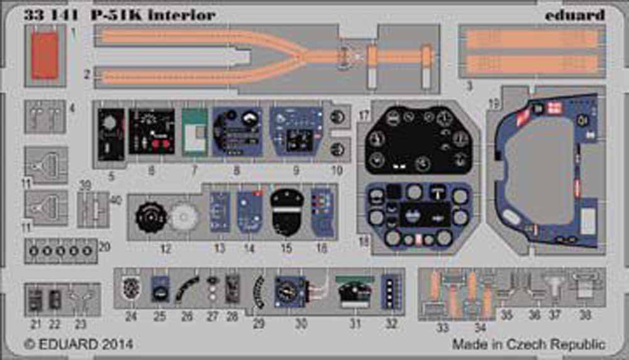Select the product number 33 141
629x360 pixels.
click(47, 14)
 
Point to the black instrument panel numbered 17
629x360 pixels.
click(420, 140)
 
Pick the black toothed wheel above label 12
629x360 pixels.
click(150, 217)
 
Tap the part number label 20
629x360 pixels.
click(105, 247)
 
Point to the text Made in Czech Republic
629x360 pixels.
click(528, 344)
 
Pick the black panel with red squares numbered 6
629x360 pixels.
click(151, 130)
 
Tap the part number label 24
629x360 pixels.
click(131, 317)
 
